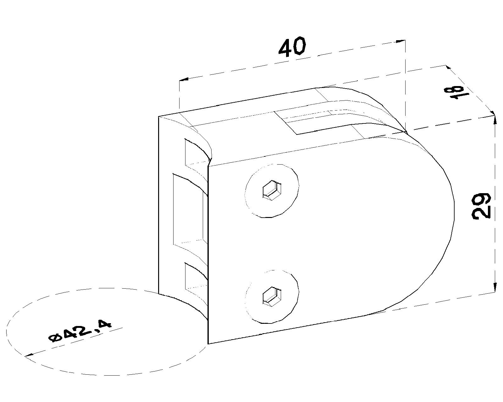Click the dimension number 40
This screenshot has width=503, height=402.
click(x=292, y=47)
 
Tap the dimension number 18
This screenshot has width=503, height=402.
click(x=456, y=93)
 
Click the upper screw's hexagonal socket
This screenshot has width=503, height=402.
click(x=272, y=190)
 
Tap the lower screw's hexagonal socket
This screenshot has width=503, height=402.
click(x=272, y=297)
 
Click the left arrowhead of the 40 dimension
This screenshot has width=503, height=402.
click(x=184, y=79)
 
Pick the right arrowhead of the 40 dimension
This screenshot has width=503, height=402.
click(x=401, y=41)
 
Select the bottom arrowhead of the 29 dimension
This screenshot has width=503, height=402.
click(x=495, y=287)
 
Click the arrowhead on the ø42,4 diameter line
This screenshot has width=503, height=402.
click(x=29, y=355)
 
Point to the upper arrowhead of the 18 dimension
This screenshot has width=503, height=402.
click(x=448, y=68)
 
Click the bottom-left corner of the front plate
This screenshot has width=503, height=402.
click(x=208, y=344)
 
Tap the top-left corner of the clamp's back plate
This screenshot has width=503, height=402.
click(x=158, y=116)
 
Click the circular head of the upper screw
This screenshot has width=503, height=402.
click(x=272, y=191)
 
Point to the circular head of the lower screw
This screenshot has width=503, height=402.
click(x=272, y=297)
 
